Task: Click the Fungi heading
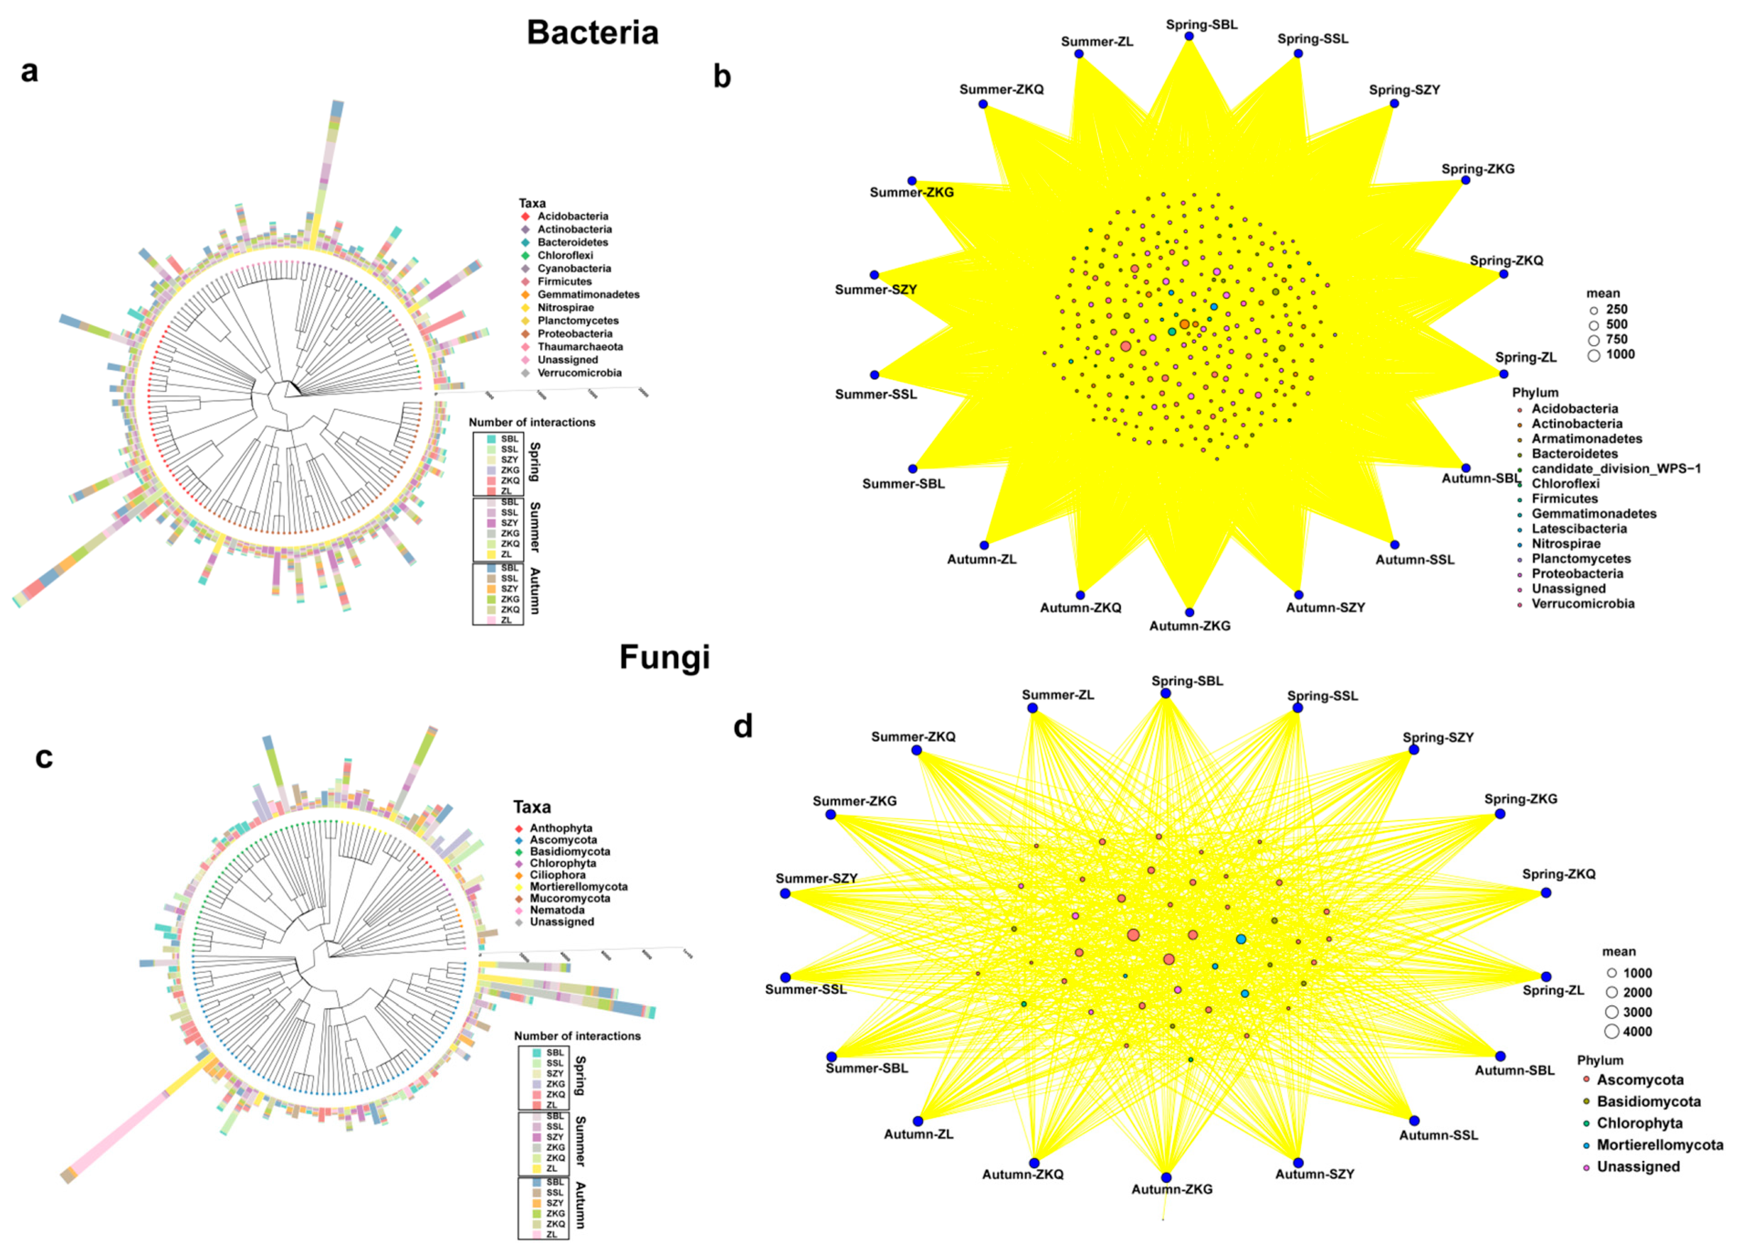[x=665, y=657]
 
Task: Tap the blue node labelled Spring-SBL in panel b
[x=1189, y=36]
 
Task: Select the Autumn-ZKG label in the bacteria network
[x=1189, y=626]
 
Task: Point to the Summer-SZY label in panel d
[x=816, y=879]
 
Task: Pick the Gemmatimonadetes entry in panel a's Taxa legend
[x=588, y=295]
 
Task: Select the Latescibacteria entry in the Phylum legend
[x=1579, y=529]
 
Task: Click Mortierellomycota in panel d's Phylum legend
[x=1659, y=1145]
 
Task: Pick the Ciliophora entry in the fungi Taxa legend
[x=557, y=875]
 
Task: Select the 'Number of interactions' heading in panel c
[x=577, y=1035]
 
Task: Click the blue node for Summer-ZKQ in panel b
[x=983, y=104]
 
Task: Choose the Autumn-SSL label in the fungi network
[x=1439, y=1135]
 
